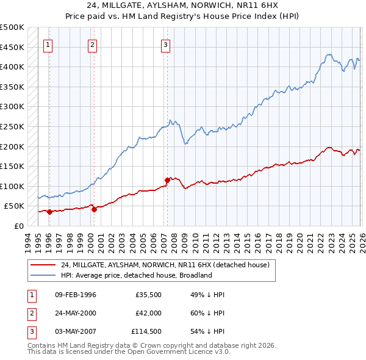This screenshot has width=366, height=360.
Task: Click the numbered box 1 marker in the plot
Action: [x=48, y=44]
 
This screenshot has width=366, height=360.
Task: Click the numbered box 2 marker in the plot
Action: [x=92, y=44]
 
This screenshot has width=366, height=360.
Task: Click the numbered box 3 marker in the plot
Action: [x=166, y=44]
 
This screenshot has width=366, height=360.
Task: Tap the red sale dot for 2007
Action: [x=167, y=180]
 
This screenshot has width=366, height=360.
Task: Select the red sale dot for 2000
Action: [x=94, y=209]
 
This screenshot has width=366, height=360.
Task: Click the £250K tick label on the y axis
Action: [x=12, y=126]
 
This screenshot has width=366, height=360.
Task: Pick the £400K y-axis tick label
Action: [x=12, y=67]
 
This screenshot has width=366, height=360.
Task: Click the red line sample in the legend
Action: [x=43, y=265]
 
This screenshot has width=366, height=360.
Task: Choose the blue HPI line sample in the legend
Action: [x=43, y=275]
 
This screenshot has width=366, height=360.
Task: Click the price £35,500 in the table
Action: [x=148, y=295]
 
